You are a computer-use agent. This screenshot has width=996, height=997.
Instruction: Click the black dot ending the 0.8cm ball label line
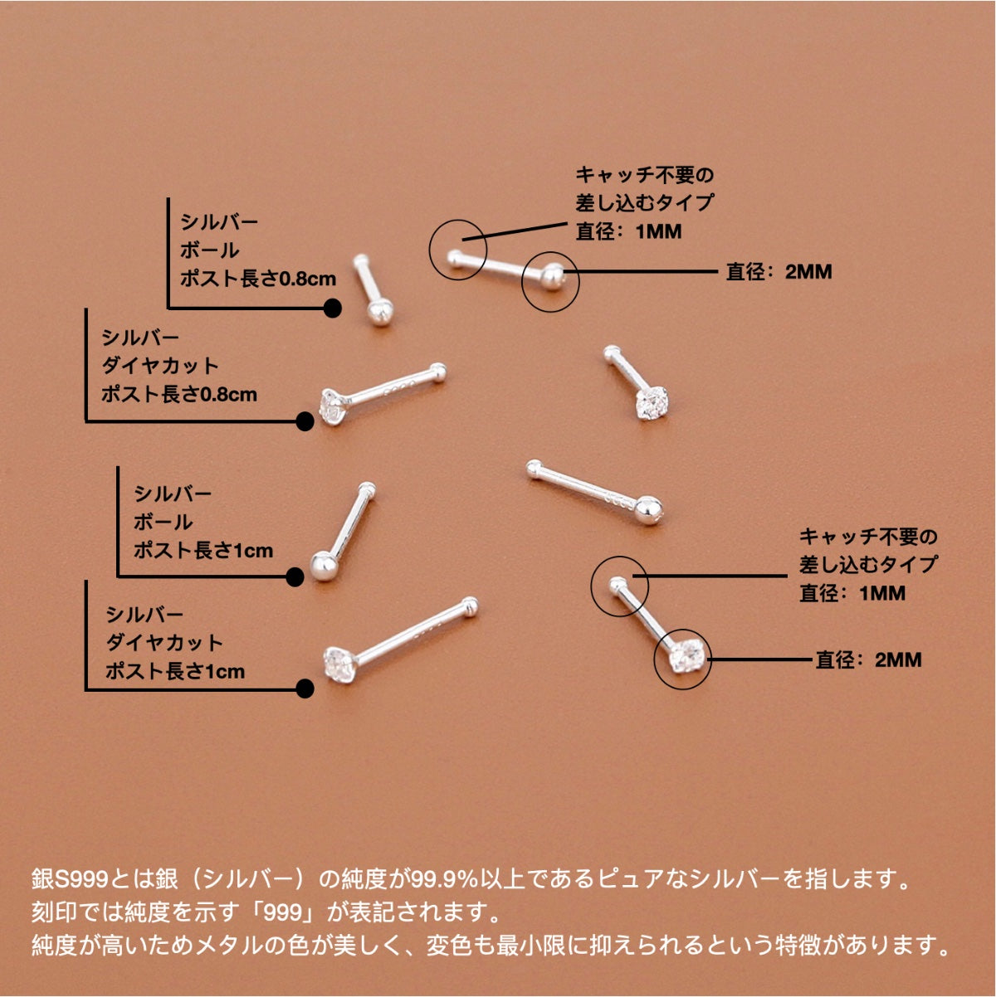point(332,309)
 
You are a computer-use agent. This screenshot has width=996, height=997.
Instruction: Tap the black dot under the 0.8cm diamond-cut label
point(305,421)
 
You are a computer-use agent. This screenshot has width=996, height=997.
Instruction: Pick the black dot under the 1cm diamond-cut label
point(305,688)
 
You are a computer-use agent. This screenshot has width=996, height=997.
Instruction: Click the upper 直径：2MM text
point(779,271)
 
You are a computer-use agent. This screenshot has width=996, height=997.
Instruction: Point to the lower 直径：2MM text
point(868,659)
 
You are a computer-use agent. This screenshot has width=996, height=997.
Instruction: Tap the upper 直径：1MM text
point(628,231)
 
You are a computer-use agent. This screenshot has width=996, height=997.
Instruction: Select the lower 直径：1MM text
point(852,593)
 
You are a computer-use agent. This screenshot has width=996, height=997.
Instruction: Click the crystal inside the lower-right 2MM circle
point(686,657)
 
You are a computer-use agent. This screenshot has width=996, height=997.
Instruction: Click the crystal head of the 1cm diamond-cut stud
point(338,663)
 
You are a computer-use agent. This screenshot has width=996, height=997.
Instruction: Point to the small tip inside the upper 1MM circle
point(454,258)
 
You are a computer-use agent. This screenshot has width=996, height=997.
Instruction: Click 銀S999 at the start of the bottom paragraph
point(70,878)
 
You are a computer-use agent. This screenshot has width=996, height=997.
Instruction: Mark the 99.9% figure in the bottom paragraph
point(444,878)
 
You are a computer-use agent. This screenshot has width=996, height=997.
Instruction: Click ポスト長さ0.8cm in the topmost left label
point(258,279)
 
